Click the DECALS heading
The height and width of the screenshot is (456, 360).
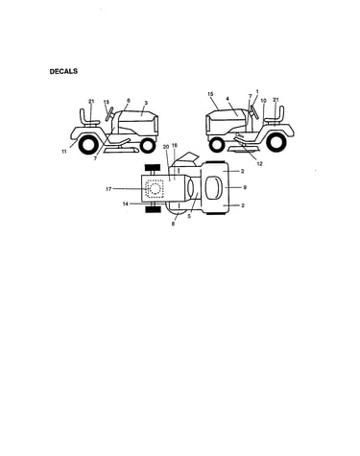tap(63, 71)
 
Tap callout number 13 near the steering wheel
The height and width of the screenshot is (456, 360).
tap(107, 102)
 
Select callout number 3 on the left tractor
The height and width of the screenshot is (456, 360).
tap(146, 103)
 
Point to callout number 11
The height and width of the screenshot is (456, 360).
tap(64, 152)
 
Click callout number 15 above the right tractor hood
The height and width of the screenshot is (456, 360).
tap(210, 94)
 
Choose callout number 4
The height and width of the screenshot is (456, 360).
tap(228, 99)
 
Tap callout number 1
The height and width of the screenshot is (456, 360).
tap(257, 91)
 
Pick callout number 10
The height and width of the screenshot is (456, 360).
tap(263, 101)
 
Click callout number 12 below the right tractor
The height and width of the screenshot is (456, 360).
tap(259, 163)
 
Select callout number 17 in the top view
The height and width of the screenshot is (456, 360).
tap(108, 189)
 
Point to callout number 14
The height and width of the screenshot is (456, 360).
tap(126, 204)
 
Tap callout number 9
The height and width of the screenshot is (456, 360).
tap(245, 187)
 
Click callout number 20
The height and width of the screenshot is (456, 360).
tap(166, 147)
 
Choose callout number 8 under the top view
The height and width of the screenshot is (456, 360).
tap(173, 224)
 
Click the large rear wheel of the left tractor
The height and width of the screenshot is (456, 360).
tap(87, 145)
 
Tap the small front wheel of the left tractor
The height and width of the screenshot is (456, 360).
tap(148, 146)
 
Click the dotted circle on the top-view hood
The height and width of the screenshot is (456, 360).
tap(155, 189)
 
